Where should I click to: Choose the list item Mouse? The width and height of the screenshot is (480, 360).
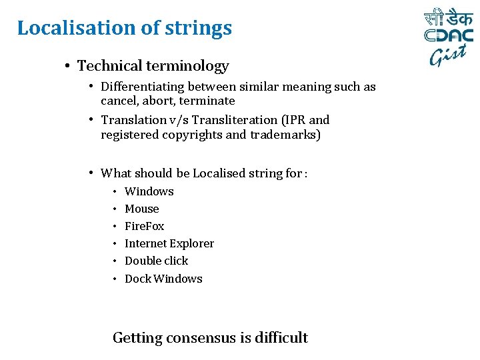[x=141, y=209]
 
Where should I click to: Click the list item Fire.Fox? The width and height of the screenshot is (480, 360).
[x=144, y=226]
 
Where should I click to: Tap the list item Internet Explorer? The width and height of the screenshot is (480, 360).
[x=169, y=243]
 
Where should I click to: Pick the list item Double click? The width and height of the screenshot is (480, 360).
[x=156, y=261]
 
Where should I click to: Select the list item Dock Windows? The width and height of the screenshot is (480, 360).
[x=163, y=279]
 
